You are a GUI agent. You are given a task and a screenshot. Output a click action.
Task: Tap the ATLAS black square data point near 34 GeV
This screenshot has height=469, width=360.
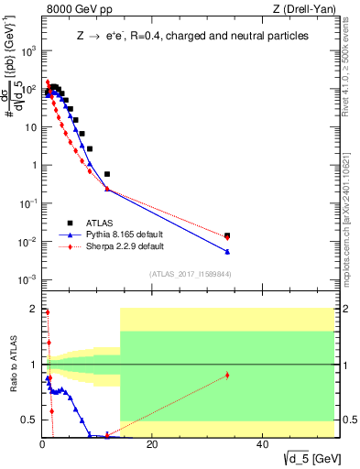[x=227, y=235]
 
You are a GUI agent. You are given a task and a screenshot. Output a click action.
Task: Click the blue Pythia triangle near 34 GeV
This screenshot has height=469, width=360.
[x=227, y=252]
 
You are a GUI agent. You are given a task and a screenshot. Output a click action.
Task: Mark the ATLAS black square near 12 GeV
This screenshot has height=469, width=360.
[x=107, y=174]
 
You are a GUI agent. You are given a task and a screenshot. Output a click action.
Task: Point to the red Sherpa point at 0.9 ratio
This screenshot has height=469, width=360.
[x=227, y=375]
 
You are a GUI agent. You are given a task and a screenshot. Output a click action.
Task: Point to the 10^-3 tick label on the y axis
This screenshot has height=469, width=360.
[x=27, y=279]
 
